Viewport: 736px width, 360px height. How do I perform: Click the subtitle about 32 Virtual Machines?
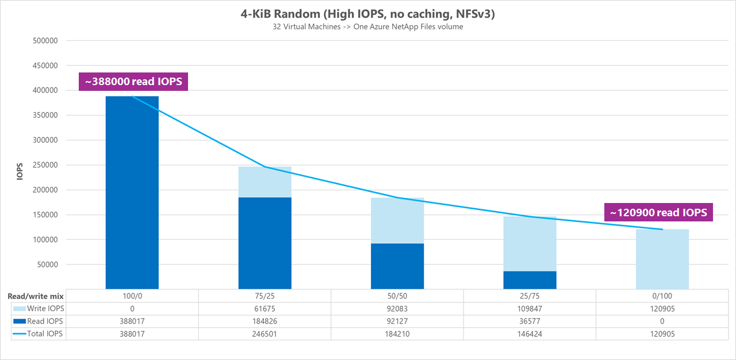click(x=367, y=27)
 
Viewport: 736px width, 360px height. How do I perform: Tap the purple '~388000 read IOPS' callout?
click(x=133, y=82)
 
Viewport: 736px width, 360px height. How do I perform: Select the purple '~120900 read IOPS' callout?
click(x=658, y=212)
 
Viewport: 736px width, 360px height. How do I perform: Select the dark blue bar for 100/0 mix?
click(x=132, y=193)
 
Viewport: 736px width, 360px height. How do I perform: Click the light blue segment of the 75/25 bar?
click(x=265, y=182)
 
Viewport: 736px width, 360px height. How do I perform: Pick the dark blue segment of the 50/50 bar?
click(x=397, y=266)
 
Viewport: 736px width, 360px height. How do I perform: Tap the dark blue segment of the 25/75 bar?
click(x=530, y=279)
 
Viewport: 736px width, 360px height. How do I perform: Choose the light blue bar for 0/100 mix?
click(x=662, y=259)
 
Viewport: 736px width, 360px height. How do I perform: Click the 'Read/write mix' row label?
click(x=34, y=296)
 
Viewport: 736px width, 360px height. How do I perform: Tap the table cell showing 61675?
click(x=265, y=309)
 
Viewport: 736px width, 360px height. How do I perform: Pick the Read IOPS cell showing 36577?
click(x=530, y=321)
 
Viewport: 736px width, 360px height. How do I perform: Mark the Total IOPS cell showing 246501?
click(x=265, y=334)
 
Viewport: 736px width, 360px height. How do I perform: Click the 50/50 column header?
click(x=397, y=296)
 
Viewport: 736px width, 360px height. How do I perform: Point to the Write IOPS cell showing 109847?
click(x=530, y=309)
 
